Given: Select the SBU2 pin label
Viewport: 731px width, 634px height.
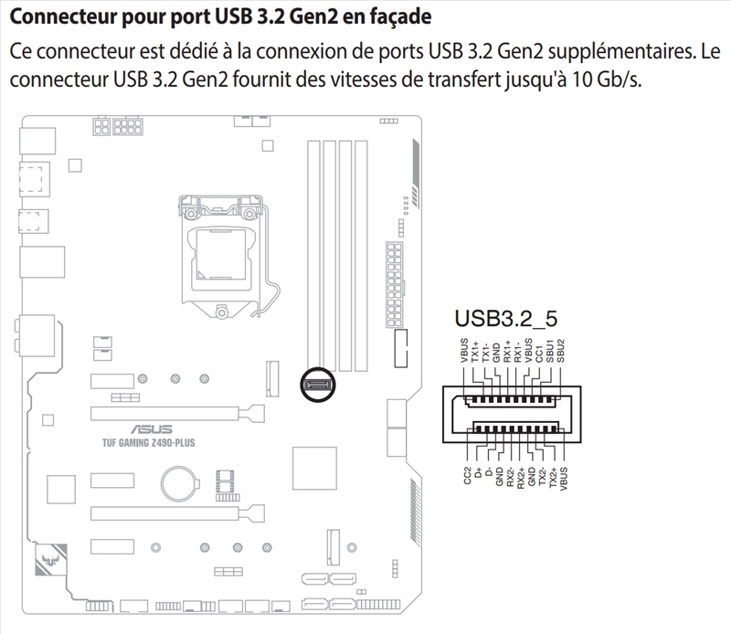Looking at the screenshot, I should pyautogui.click(x=560, y=352).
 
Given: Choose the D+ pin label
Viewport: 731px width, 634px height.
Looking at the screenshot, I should pyautogui.click(x=478, y=472).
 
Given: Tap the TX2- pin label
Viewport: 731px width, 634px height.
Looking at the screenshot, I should pyautogui.click(x=542, y=478).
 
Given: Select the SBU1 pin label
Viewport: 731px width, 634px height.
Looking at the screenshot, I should pyautogui.click(x=549, y=352).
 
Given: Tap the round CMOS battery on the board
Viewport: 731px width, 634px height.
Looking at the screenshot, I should pyautogui.click(x=179, y=481).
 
